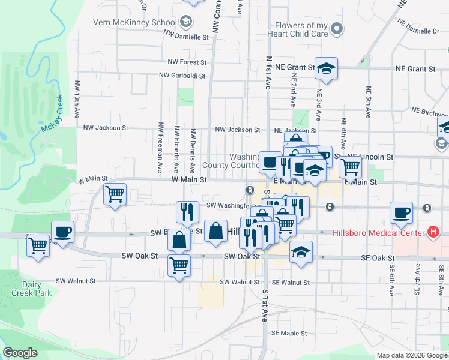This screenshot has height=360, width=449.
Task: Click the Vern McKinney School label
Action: coord(134,23)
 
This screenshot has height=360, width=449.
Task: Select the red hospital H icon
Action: coord(433,232)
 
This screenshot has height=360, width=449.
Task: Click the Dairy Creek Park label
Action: coord(31,289)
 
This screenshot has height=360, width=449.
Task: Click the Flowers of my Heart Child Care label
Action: coord(301,29)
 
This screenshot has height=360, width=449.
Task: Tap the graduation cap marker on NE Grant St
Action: coord(326,70)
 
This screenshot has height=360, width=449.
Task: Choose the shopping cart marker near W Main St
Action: coord(114,194)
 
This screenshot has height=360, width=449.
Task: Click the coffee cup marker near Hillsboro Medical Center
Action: coord(401,213)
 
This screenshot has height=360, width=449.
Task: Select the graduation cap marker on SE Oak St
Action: coord(301,252)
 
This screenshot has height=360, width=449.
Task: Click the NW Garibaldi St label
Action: coord(182,76)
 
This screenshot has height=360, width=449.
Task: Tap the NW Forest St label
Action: coord(187,62)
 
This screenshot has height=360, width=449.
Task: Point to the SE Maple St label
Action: coord(289,333)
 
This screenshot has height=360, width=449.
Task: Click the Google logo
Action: coord(20,353)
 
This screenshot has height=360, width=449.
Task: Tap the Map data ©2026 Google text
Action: coord(411,355)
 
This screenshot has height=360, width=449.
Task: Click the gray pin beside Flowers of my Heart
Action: coord(337,28)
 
